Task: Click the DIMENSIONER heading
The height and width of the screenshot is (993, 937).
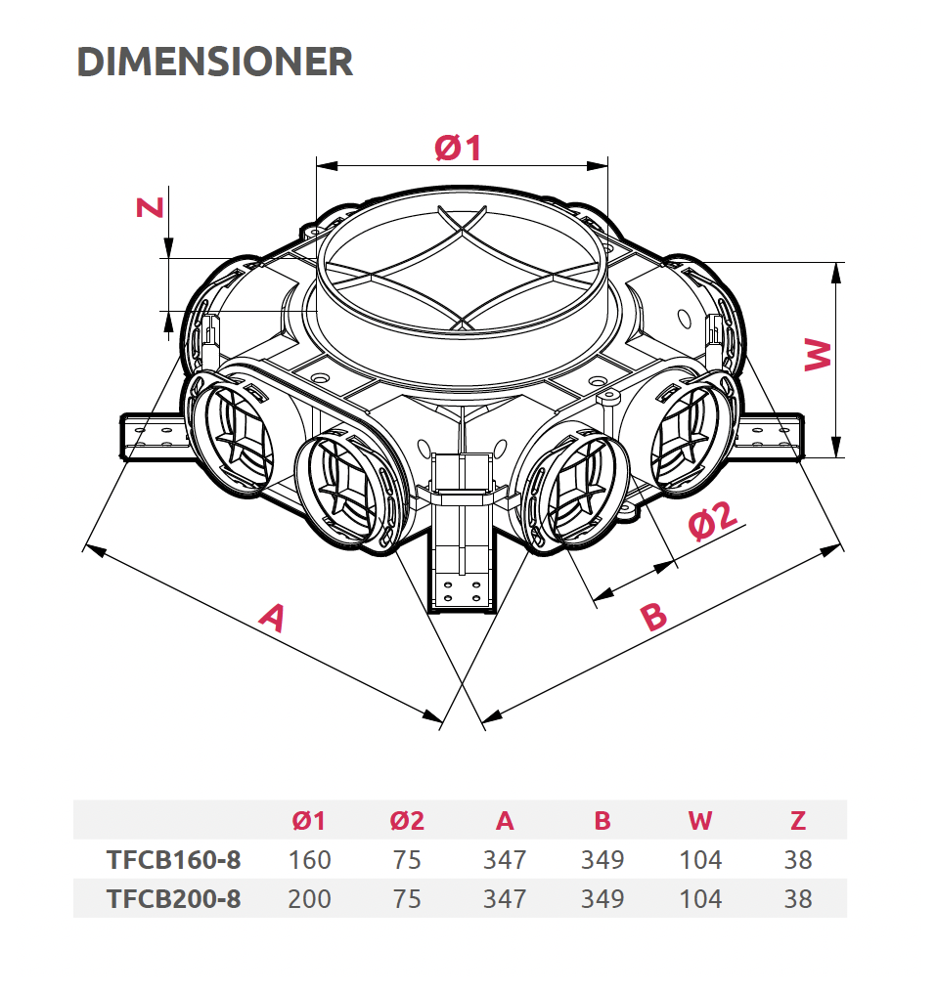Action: [x=214, y=62]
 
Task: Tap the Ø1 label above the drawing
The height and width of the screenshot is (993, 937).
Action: [x=458, y=148]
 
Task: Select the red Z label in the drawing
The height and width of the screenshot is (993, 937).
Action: [x=151, y=207]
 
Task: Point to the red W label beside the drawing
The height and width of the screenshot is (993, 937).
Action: [x=818, y=355]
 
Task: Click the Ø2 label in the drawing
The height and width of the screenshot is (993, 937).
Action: [x=713, y=520]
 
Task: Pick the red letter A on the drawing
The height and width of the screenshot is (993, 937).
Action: [x=273, y=618]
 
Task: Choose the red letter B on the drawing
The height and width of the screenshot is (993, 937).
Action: [x=653, y=616]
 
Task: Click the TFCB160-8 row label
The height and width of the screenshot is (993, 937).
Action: [x=174, y=860]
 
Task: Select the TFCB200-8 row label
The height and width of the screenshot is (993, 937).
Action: [x=174, y=898]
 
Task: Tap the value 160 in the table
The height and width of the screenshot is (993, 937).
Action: [x=309, y=860]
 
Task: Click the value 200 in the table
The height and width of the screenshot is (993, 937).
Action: [x=309, y=898]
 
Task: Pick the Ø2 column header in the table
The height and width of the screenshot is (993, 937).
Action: [x=407, y=821]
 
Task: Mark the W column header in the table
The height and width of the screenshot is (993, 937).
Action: [x=700, y=821]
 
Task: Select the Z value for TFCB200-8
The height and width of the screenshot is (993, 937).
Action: [x=798, y=898]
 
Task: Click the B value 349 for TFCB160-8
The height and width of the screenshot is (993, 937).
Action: [x=602, y=860]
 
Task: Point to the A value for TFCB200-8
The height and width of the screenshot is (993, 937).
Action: [x=505, y=898]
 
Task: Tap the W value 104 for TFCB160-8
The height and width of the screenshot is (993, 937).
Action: [x=700, y=860]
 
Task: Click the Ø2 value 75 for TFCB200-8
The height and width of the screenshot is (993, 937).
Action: [x=407, y=898]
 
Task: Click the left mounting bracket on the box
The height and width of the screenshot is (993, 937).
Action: [x=153, y=436]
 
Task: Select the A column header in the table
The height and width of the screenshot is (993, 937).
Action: [x=505, y=821]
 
